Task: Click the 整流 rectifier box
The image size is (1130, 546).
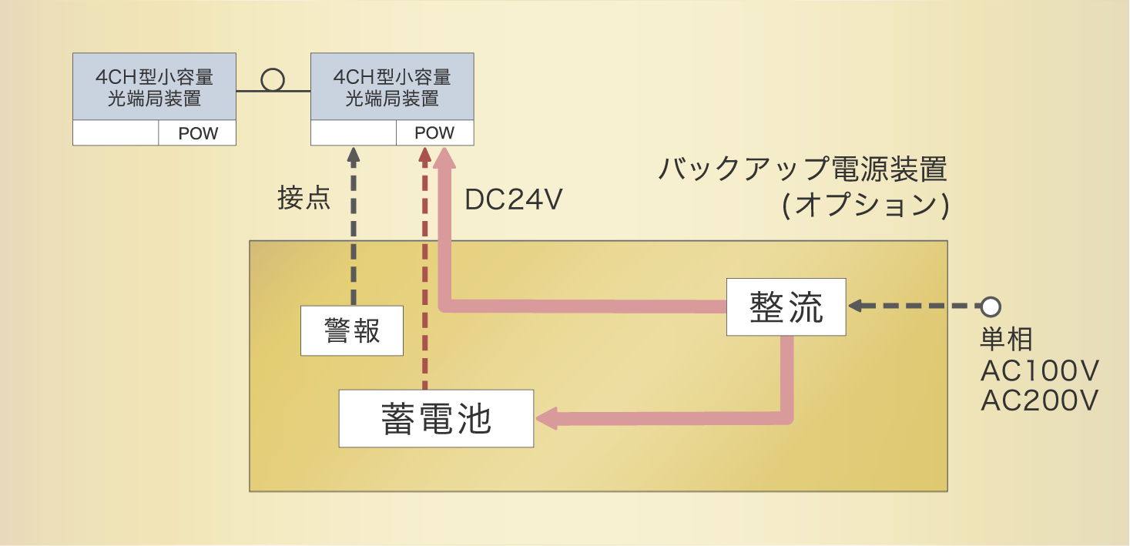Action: [x=786, y=307]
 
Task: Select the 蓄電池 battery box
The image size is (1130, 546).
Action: [x=436, y=418]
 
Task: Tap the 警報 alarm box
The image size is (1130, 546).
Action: [x=352, y=330]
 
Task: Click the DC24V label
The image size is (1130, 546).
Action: [x=513, y=200]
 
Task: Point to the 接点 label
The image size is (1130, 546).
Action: [x=304, y=199]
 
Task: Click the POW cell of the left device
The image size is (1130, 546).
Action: [x=197, y=133]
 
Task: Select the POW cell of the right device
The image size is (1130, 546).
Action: [x=434, y=132]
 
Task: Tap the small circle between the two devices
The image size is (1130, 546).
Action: [x=273, y=80]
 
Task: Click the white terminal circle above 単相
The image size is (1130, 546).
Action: [x=991, y=306]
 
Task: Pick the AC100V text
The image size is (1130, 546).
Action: [x=1038, y=371]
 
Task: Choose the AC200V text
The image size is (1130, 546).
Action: [x=1038, y=400]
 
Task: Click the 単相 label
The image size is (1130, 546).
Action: [x=1006, y=340]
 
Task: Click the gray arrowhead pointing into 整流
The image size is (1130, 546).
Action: [x=856, y=306]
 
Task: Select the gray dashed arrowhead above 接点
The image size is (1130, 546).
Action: [x=354, y=155]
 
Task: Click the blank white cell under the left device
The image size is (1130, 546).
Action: [x=116, y=133]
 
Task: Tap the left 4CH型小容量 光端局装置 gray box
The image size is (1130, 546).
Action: [x=154, y=87]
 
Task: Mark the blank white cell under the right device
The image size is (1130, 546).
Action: [x=354, y=132]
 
